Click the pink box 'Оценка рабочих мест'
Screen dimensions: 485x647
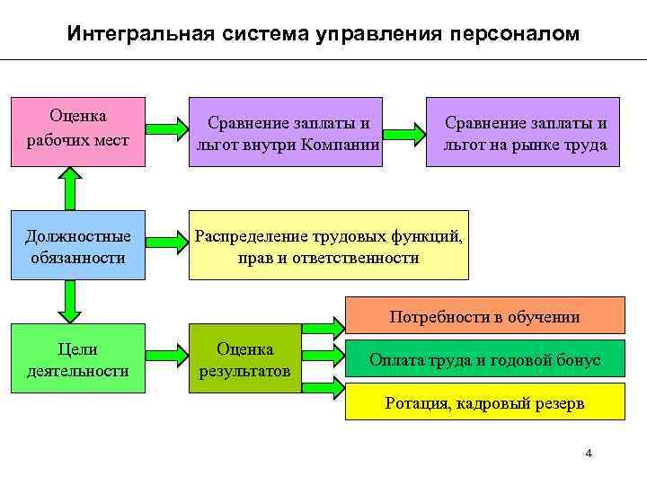point(77,130)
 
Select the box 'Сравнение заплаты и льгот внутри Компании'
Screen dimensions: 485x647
point(285,132)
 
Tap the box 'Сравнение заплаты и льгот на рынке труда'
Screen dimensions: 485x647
point(522,132)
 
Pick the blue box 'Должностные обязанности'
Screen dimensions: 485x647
point(77,245)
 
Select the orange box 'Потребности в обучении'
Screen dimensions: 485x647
point(484,317)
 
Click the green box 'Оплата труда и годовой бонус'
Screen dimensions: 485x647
point(484,360)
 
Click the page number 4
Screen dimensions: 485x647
point(589,453)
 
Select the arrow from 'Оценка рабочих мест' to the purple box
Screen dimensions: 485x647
point(165,131)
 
